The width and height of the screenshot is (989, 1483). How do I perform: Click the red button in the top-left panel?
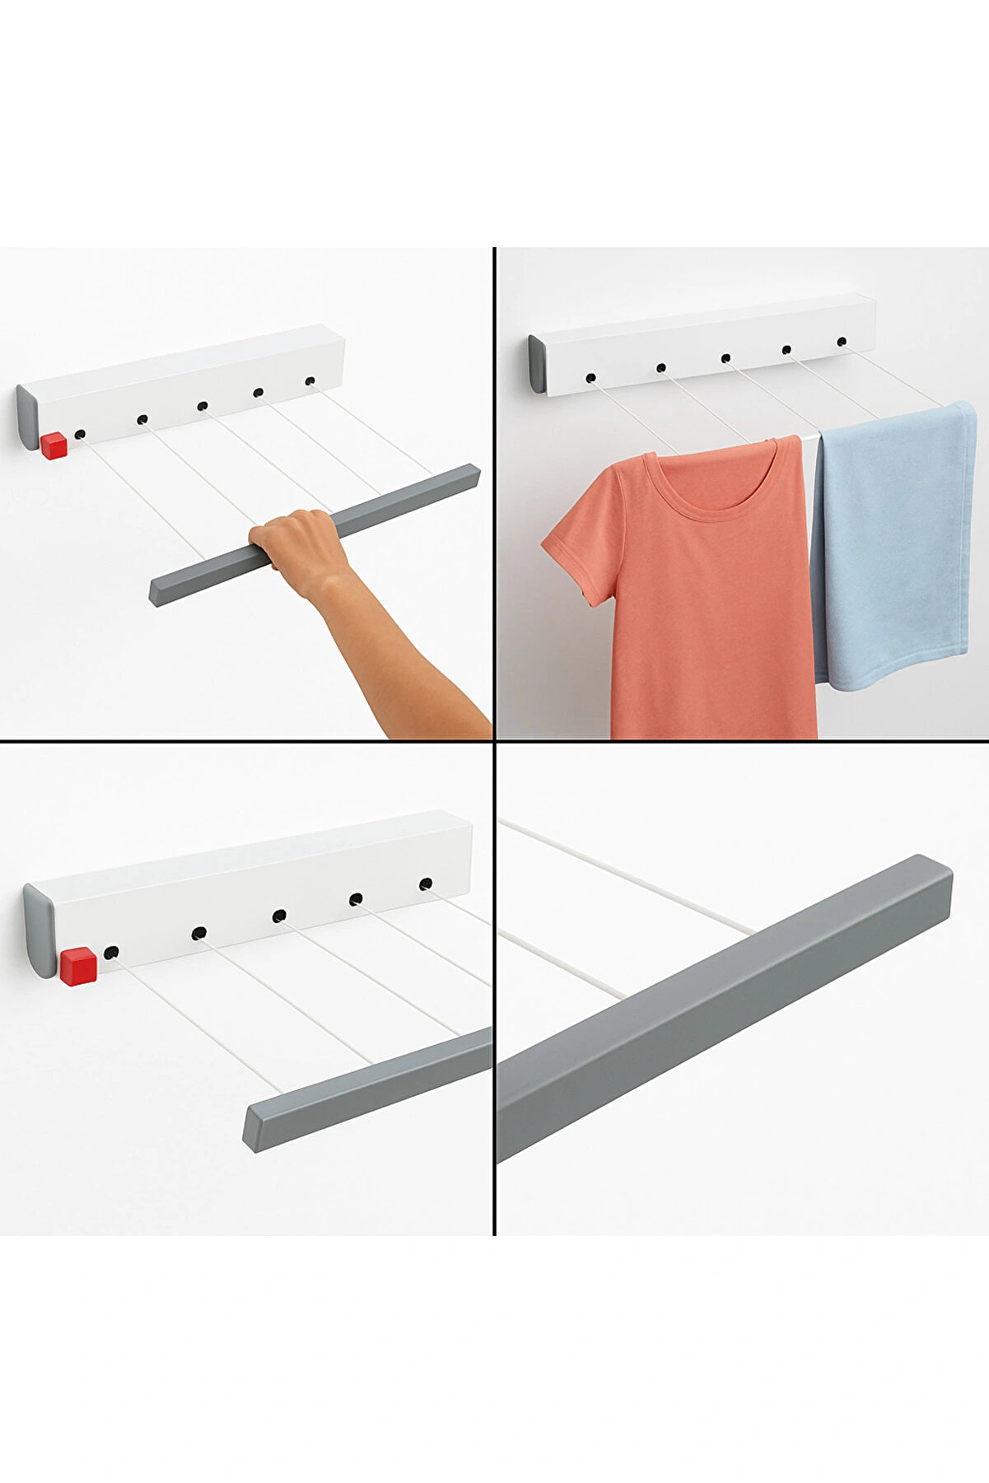pos(54,445)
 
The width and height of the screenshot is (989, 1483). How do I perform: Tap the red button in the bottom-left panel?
pos(78,966)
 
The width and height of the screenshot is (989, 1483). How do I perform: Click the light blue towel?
pos(893,543)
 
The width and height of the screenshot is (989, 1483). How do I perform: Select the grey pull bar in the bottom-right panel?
pos(725,1005)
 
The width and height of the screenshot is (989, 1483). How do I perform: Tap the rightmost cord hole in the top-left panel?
pos(310,381)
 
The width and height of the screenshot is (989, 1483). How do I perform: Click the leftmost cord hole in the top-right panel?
pos(590,378)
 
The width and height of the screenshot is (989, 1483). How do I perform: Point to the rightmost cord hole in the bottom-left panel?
pos(425,884)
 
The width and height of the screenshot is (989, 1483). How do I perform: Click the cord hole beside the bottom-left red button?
pos(111,954)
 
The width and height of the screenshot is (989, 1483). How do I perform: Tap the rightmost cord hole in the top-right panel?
pos(842,341)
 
